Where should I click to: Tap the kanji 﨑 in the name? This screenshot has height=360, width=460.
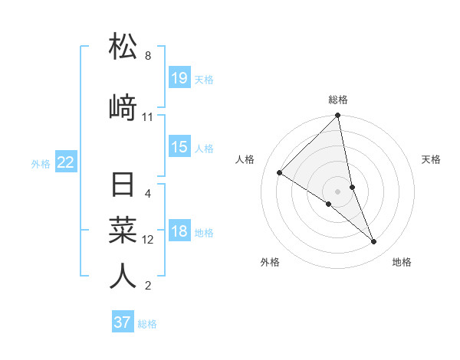click(123, 107)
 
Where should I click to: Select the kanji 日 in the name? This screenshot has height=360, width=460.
click(123, 186)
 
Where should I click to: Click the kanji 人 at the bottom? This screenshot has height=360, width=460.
click(123, 276)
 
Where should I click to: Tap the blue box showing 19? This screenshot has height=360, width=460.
click(179, 78)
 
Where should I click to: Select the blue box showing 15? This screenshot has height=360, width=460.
click(179, 147)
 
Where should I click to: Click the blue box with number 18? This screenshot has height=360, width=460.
click(179, 232)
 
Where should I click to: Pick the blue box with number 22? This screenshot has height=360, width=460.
click(66, 162)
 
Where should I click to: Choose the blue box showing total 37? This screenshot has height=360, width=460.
click(123, 322)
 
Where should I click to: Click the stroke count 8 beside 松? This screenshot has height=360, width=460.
click(148, 56)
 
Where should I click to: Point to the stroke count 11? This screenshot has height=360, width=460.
click(148, 117)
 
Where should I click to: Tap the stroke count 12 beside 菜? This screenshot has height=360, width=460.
click(148, 240)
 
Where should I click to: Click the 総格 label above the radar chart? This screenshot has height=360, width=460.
click(338, 100)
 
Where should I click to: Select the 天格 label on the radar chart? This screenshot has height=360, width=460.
click(431, 159)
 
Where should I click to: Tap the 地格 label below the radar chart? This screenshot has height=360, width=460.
click(402, 262)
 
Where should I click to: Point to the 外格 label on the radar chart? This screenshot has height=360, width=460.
click(270, 262)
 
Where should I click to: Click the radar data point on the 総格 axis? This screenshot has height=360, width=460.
click(338, 116)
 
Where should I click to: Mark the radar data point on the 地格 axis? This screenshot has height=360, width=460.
click(374, 242)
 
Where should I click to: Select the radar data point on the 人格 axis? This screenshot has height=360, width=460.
click(280, 172)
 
